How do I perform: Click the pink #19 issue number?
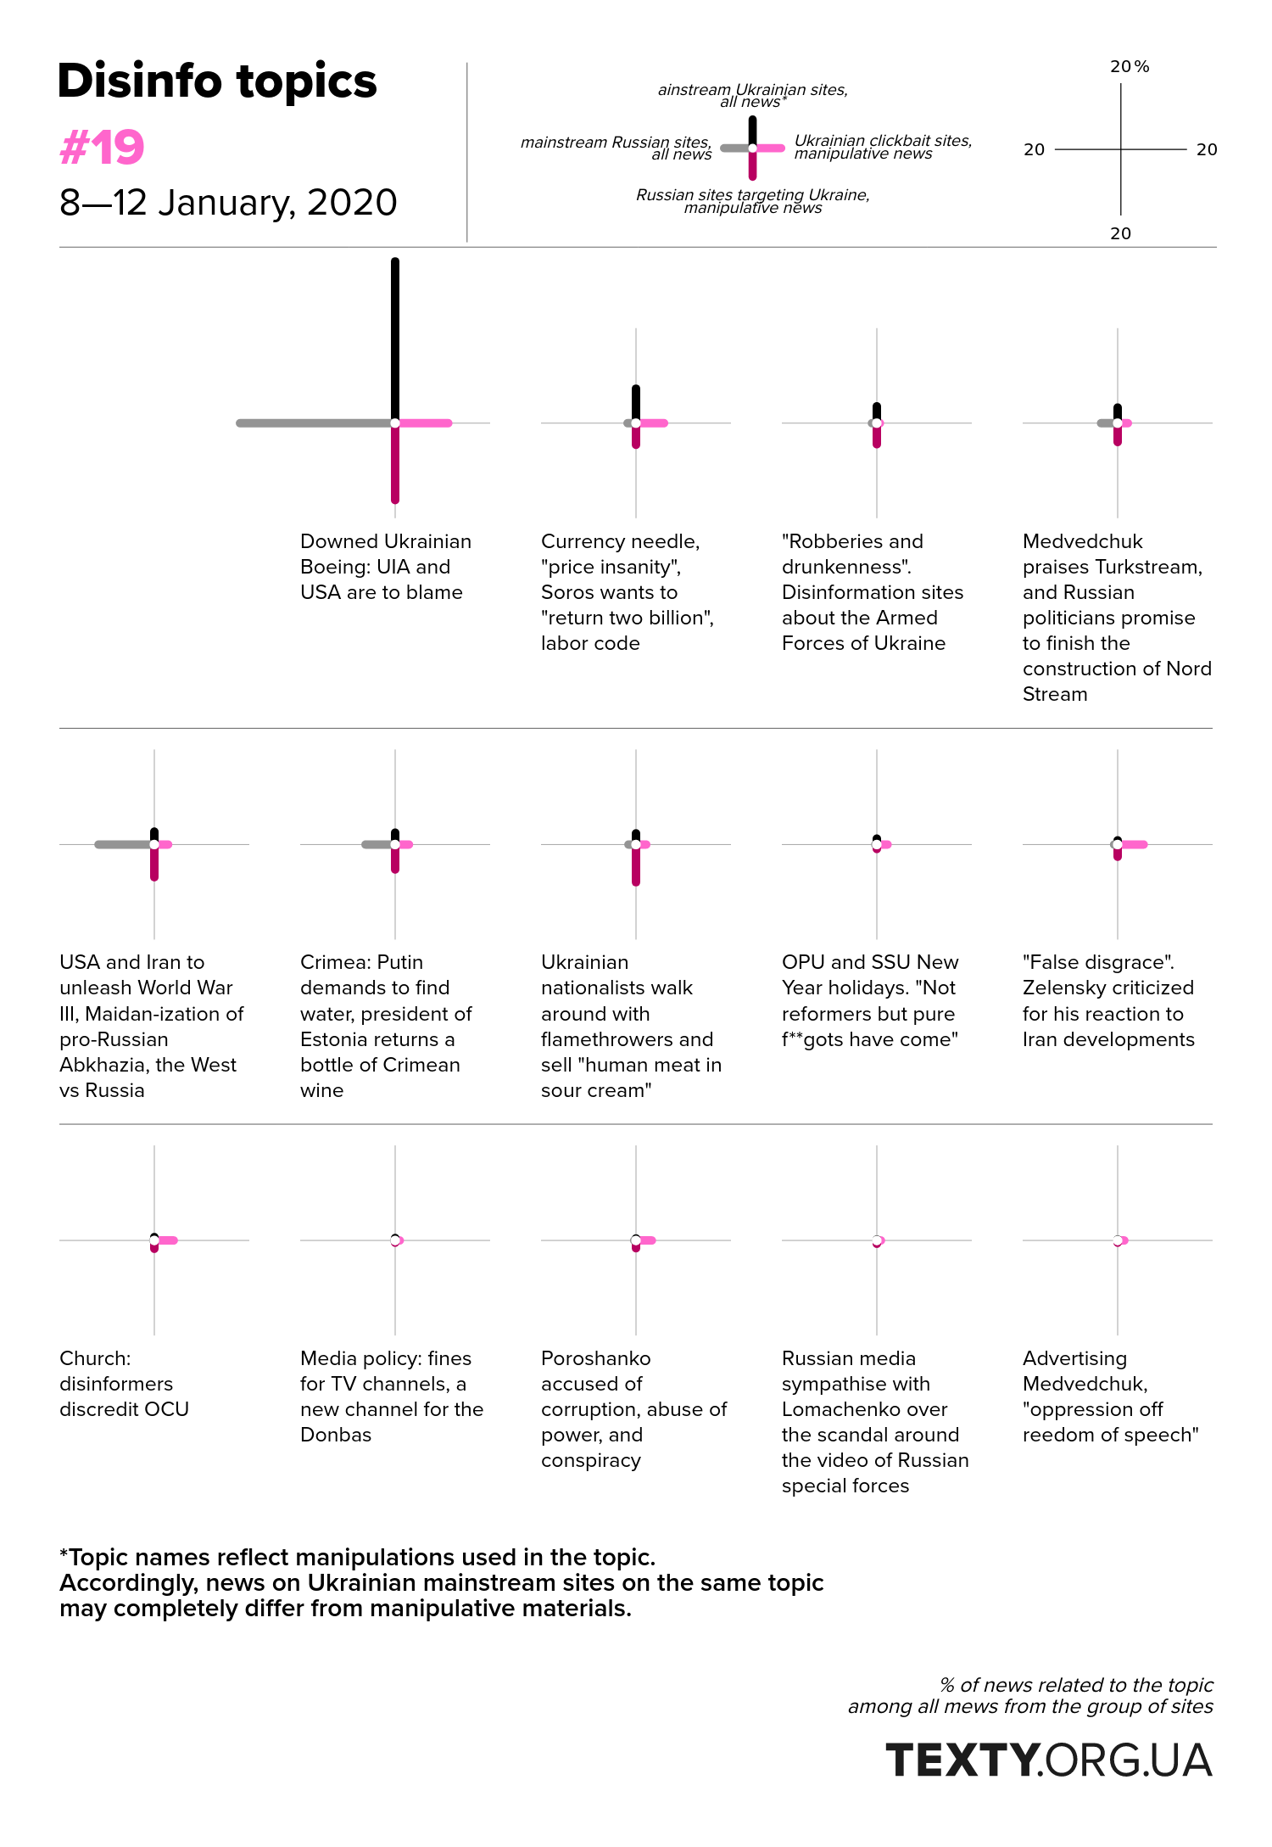(x=102, y=148)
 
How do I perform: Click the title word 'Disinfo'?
(x=139, y=81)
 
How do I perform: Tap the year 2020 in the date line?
(x=352, y=203)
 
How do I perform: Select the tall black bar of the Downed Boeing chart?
(x=395, y=339)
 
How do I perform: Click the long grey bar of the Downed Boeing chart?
(x=315, y=423)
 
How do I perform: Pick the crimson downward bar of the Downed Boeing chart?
(x=395, y=463)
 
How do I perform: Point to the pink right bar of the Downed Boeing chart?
(x=424, y=423)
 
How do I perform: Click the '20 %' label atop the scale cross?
(x=1130, y=67)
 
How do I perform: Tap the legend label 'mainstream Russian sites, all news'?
(x=616, y=148)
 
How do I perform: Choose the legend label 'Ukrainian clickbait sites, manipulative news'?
(x=883, y=147)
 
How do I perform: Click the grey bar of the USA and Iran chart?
(x=124, y=844)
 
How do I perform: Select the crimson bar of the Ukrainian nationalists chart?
(x=636, y=865)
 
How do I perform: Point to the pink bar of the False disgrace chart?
(x=1133, y=844)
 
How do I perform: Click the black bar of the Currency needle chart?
(x=636, y=404)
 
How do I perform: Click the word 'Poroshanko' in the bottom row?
(x=596, y=1358)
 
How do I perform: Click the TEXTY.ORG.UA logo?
(x=1049, y=1760)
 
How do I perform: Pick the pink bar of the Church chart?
(x=166, y=1240)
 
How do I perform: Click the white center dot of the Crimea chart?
(x=395, y=844)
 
